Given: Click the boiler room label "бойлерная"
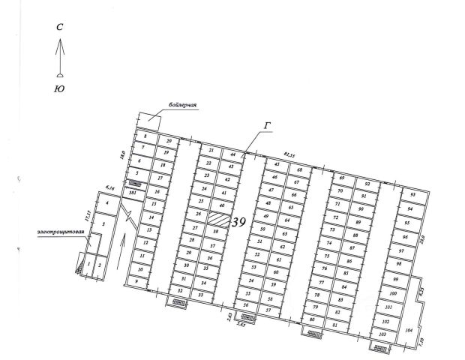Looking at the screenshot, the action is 183,106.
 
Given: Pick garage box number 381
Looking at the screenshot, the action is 133,192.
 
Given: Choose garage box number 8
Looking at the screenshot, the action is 144,136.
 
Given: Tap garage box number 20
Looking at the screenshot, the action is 169,141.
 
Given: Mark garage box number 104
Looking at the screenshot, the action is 409,330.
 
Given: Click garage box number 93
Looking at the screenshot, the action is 412,194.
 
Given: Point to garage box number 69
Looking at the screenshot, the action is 341,178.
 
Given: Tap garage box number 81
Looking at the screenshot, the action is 335,324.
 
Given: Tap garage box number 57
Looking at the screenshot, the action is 268,309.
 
